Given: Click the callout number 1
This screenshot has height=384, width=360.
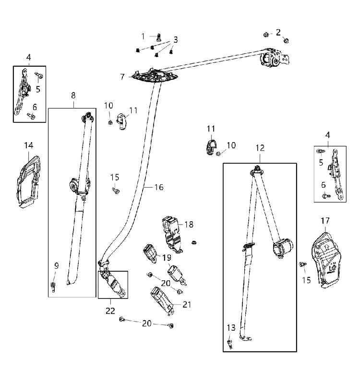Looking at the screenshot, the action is coord(143,36).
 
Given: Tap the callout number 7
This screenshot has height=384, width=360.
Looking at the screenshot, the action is coord(122,77).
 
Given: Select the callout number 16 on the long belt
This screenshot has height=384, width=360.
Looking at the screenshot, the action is coord(159,187).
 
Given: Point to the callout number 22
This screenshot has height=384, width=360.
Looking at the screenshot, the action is coord(110,311).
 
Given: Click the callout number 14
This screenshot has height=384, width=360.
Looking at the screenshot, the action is coord(29,145).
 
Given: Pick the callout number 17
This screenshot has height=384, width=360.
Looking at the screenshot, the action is coord(325,221).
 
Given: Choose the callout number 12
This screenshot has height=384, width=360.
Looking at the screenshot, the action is coord(260,148).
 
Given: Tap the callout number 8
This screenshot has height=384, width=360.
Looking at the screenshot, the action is coord(73,95).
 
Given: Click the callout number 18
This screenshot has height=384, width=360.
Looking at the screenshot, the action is coord(189,224).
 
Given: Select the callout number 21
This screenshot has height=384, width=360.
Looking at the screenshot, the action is coord(187,304).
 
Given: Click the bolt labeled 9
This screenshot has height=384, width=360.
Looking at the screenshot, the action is coord(53,287).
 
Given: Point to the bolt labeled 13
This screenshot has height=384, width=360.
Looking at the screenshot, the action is coord(230,344).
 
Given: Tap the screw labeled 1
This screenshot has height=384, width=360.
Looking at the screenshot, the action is coord(159,37).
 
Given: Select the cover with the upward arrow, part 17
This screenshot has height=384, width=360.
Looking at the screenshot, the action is coord(326,260).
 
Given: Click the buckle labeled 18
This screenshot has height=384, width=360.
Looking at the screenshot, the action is coord(171,234).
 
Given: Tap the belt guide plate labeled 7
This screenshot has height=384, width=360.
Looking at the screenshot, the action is coord(154,75).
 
